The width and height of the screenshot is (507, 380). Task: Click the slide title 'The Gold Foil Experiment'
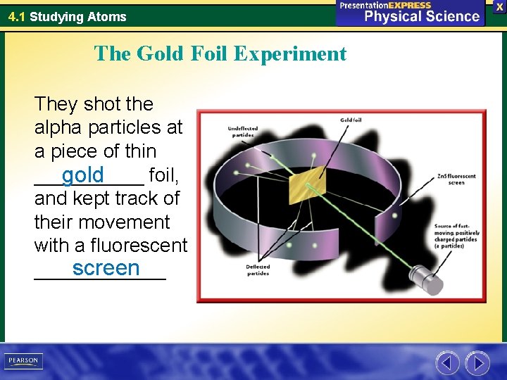click(x=220, y=53)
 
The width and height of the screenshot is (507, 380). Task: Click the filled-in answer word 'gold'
click(x=82, y=174)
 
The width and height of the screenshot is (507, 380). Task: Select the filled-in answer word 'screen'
click(x=106, y=268)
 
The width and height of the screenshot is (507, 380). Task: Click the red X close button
click(x=499, y=6)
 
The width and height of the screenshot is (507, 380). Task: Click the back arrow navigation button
click(x=447, y=363)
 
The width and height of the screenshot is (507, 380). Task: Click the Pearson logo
click(x=23, y=361)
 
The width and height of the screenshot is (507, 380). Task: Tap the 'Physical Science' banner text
click(x=421, y=16)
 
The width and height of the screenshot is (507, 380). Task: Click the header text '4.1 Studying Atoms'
click(x=67, y=16)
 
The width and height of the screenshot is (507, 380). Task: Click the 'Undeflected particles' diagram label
click(x=243, y=132)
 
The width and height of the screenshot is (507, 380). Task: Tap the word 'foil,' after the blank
click(x=164, y=175)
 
